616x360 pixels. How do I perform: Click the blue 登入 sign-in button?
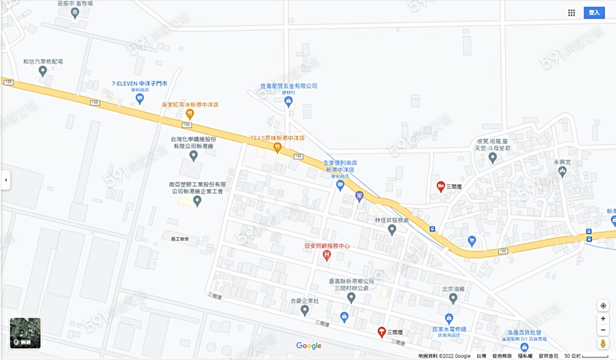pyautogui.click(x=594, y=12)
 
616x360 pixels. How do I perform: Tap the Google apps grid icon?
pyautogui.click(x=572, y=12)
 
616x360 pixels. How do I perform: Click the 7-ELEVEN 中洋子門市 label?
pyautogui.click(x=140, y=83)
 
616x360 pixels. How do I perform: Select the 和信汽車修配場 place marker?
pyautogui.click(x=42, y=70)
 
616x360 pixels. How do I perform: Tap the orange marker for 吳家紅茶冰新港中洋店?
pyautogui.click(x=190, y=114)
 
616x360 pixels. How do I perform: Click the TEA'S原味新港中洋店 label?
pyautogui.click(x=277, y=138)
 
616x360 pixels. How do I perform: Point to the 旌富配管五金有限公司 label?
pyautogui.click(x=288, y=86)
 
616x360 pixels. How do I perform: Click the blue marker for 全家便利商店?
pyautogui.click(x=340, y=185)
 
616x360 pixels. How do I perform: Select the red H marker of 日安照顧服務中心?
pyautogui.click(x=326, y=256)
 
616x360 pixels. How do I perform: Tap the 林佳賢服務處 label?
pyautogui.click(x=392, y=220)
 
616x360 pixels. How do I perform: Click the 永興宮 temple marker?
pyautogui.click(x=563, y=172)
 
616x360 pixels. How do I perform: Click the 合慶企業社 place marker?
pyautogui.click(x=305, y=310)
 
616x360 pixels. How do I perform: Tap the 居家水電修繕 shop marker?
pyautogui.click(x=449, y=318)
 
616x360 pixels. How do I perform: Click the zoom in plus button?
pyautogui.click(x=603, y=318)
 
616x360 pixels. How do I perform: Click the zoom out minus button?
pyautogui.click(x=603, y=330)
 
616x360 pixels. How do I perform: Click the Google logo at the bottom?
pyautogui.click(x=309, y=346)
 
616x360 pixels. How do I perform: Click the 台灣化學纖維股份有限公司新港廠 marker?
pyautogui.click(x=193, y=156)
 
